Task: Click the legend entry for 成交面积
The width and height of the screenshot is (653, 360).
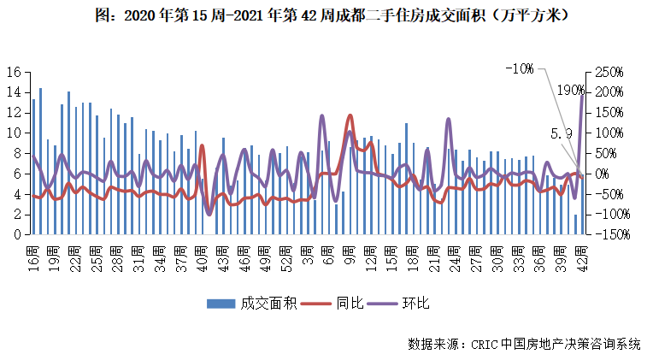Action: coord(251,304)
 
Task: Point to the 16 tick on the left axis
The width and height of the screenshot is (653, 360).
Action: coord(14,72)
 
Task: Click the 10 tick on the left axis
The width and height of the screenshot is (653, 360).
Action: coord(14,133)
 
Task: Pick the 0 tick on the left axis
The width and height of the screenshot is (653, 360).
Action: coord(17,234)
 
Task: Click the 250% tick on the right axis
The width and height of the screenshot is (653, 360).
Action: coord(609,72)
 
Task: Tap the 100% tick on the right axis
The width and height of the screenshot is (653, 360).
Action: coord(609,133)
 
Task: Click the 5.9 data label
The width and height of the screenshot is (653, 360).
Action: coord(560,134)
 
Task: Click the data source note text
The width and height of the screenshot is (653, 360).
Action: coord(524,344)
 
